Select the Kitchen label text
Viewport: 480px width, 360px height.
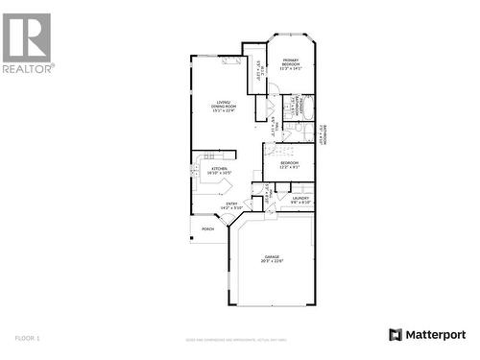click(x=220, y=168)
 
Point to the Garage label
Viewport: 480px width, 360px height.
click(x=273, y=256)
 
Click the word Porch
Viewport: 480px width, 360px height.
click(x=207, y=229)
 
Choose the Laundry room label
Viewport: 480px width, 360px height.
click(x=300, y=198)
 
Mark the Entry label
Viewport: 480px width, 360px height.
click(x=231, y=204)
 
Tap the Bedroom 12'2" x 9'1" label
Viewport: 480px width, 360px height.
click(x=289, y=164)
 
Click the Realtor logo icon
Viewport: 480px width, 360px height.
click(x=27, y=36)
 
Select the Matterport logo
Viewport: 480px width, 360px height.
click(x=426, y=334)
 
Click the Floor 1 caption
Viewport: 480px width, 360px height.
click(x=28, y=338)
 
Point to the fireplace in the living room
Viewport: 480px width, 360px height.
click(x=230, y=60)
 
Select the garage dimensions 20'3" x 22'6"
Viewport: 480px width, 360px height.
click(x=273, y=261)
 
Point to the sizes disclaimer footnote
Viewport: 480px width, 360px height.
click(x=239, y=339)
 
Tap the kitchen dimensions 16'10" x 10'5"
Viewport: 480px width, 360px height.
click(x=220, y=173)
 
